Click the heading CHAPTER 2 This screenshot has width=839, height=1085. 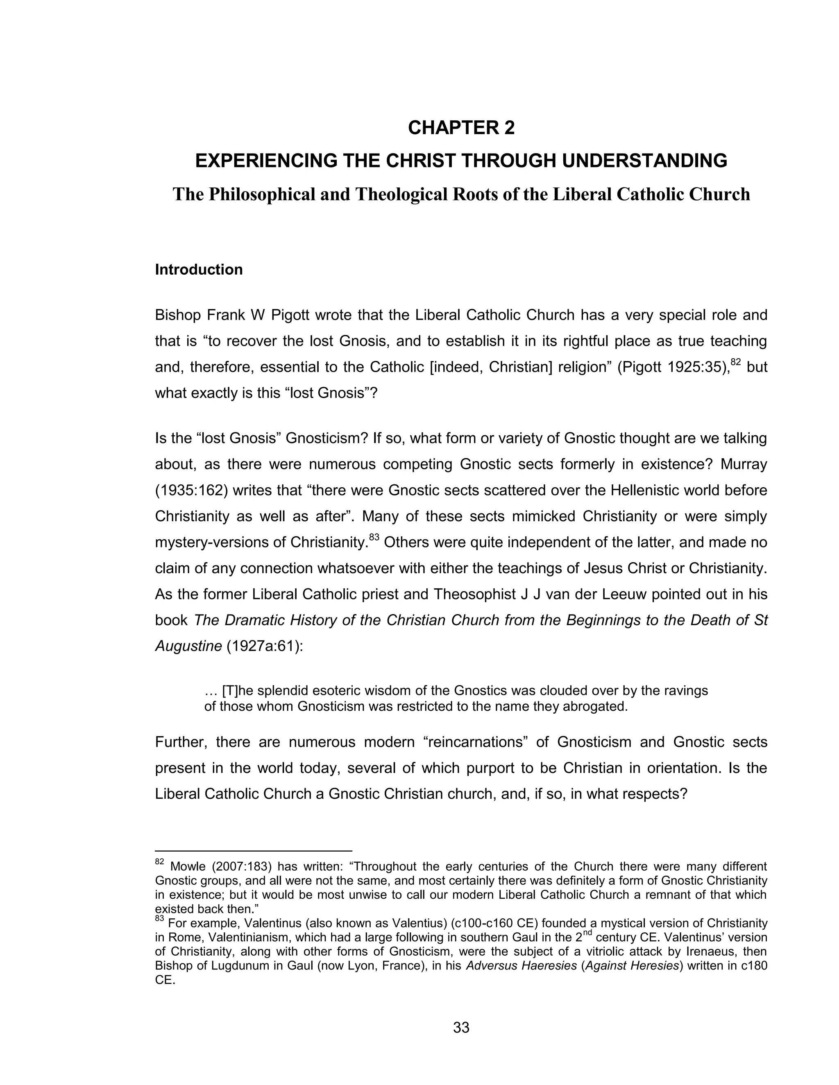461,128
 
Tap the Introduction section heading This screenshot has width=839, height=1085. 199,270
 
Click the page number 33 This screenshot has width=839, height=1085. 461,1028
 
